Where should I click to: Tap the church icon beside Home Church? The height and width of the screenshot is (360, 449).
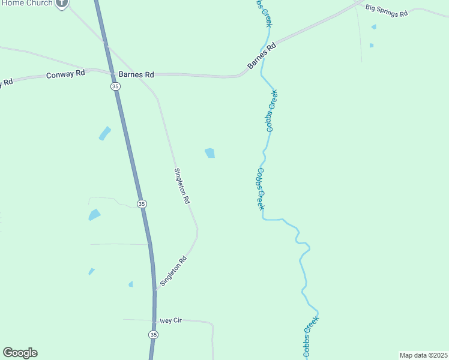click(x=61, y=2)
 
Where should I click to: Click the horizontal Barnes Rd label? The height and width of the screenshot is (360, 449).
click(x=136, y=74)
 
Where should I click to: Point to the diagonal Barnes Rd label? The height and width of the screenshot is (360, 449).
click(x=262, y=55)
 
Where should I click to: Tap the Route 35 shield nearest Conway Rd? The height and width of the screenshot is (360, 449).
click(x=115, y=86)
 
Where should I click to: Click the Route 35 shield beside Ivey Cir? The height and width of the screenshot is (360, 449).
click(x=154, y=334)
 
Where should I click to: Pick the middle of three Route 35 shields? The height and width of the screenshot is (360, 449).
click(x=141, y=204)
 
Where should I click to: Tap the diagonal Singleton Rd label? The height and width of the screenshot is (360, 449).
click(x=174, y=271)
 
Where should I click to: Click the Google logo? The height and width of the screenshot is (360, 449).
click(x=20, y=353)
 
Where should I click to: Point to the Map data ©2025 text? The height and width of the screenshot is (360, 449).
click(x=423, y=355)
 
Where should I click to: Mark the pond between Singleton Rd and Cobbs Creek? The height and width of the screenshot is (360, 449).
click(x=209, y=153)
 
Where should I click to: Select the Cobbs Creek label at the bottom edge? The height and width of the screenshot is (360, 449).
click(x=311, y=337)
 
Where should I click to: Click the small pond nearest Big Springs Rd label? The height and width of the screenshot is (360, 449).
click(x=374, y=27)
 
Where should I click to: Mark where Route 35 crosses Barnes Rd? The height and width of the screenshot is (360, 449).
click(x=112, y=73)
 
